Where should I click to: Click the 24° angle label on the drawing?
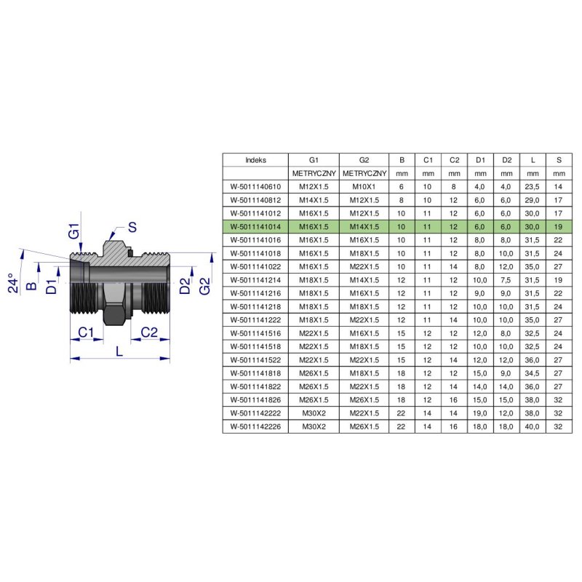(13, 283)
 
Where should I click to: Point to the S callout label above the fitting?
(132, 227)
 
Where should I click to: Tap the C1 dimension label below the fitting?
(86, 332)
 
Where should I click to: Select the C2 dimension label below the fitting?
(149, 332)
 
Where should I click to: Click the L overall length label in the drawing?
(119, 351)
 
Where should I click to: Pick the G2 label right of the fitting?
(204, 286)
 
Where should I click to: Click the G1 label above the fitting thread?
(74, 231)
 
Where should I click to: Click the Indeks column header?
(255, 160)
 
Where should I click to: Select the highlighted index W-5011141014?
(255, 227)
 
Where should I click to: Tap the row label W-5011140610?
(255, 187)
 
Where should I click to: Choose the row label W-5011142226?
(255, 426)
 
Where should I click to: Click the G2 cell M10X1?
(364, 187)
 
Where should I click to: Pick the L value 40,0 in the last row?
(533, 426)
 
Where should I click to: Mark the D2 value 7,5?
(506, 280)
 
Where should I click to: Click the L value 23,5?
(533, 187)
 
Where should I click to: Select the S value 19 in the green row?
(558, 227)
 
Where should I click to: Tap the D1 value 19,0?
(480, 413)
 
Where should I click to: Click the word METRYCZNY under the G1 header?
(314, 173)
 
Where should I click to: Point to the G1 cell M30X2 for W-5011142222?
(314, 413)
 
